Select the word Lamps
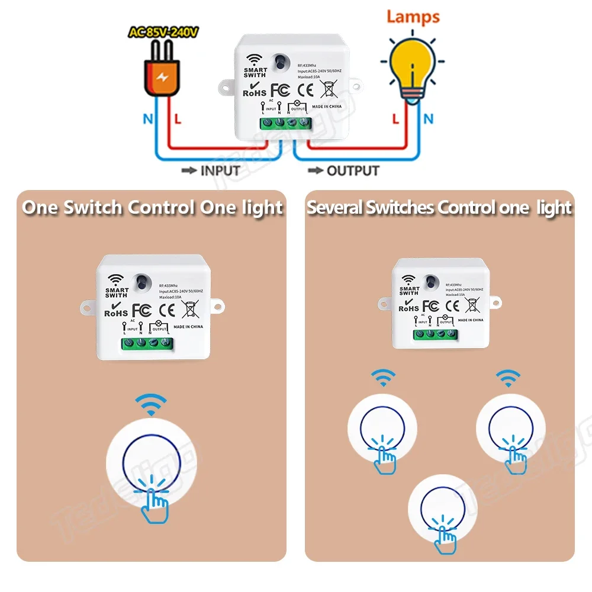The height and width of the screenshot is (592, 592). pyautogui.click(x=413, y=16)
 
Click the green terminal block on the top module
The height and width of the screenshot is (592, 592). pyautogui.click(x=285, y=123)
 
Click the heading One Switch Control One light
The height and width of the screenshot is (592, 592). pyautogui.click(x=152, y=208)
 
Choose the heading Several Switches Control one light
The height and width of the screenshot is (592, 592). pyautogui.click(x=439, y=208)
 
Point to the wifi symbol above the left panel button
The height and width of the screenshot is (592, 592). pyautogui.click(x=147, y=405)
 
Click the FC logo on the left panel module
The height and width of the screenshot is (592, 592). pyautogui.click(x=141, y=310)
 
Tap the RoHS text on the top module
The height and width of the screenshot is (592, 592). pyautogui.click(x=255, y=92)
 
